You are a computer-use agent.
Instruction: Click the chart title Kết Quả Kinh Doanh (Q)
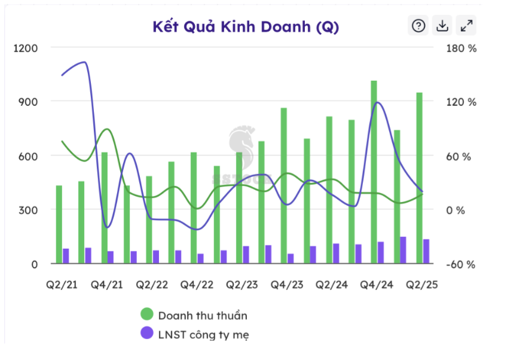(245, 27)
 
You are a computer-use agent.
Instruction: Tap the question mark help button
(419, 26)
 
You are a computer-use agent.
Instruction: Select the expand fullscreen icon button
(466, 26)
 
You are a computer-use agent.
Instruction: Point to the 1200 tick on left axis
(26, 48)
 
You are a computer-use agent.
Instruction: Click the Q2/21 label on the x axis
(62, 285)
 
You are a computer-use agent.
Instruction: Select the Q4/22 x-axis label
(196, 285)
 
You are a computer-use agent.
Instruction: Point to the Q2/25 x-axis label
(422, 285)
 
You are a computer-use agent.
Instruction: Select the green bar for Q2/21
(59, 224)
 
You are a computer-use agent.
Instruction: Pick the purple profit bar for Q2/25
(426, 251)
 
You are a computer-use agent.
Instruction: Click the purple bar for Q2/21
(66, 256)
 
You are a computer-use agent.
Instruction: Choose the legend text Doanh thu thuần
(203, 315)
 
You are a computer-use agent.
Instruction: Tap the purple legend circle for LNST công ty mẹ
(147, 334)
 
